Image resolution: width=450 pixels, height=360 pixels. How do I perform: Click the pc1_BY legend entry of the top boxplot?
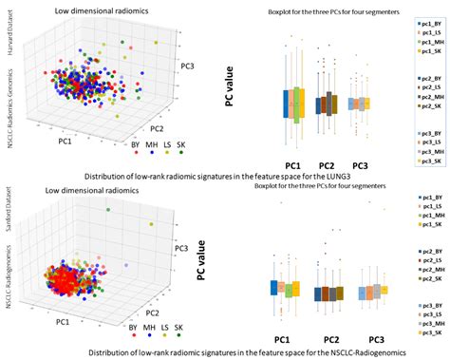(x=425, y=21)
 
